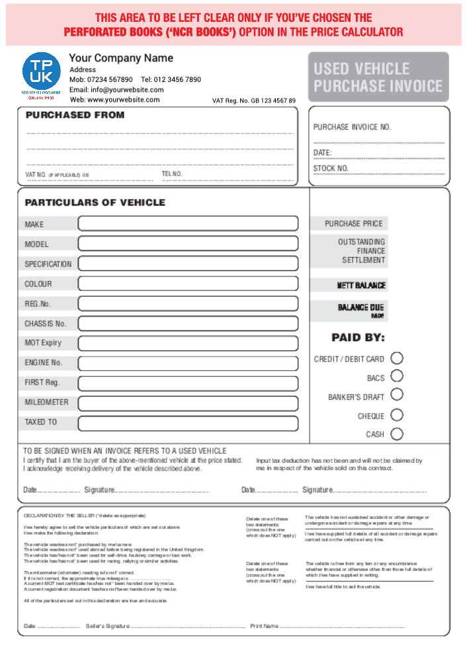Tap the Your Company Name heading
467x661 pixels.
coord(121,58)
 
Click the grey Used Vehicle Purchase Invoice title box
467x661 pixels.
coord(378,77)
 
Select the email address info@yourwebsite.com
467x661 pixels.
coord(116,89)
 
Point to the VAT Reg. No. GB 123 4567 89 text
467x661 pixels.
coord(253,101)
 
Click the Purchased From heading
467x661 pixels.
coord(75,115)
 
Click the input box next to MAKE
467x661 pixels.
coord(188,223)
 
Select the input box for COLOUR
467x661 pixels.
coord(188,284)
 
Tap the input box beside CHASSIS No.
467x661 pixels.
coord(188,324)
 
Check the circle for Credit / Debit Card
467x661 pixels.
coord(397,358)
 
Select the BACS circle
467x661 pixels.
coord(397,376)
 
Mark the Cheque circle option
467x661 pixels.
coord(397,415)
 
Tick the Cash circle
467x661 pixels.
coord(397,434)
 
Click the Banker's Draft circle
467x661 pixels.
coord(397,395)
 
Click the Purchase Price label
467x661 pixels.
coord(353,224)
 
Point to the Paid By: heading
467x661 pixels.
coord(358,338)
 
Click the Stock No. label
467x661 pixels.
coord(331,169)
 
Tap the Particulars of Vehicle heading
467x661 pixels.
coord(95,202)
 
